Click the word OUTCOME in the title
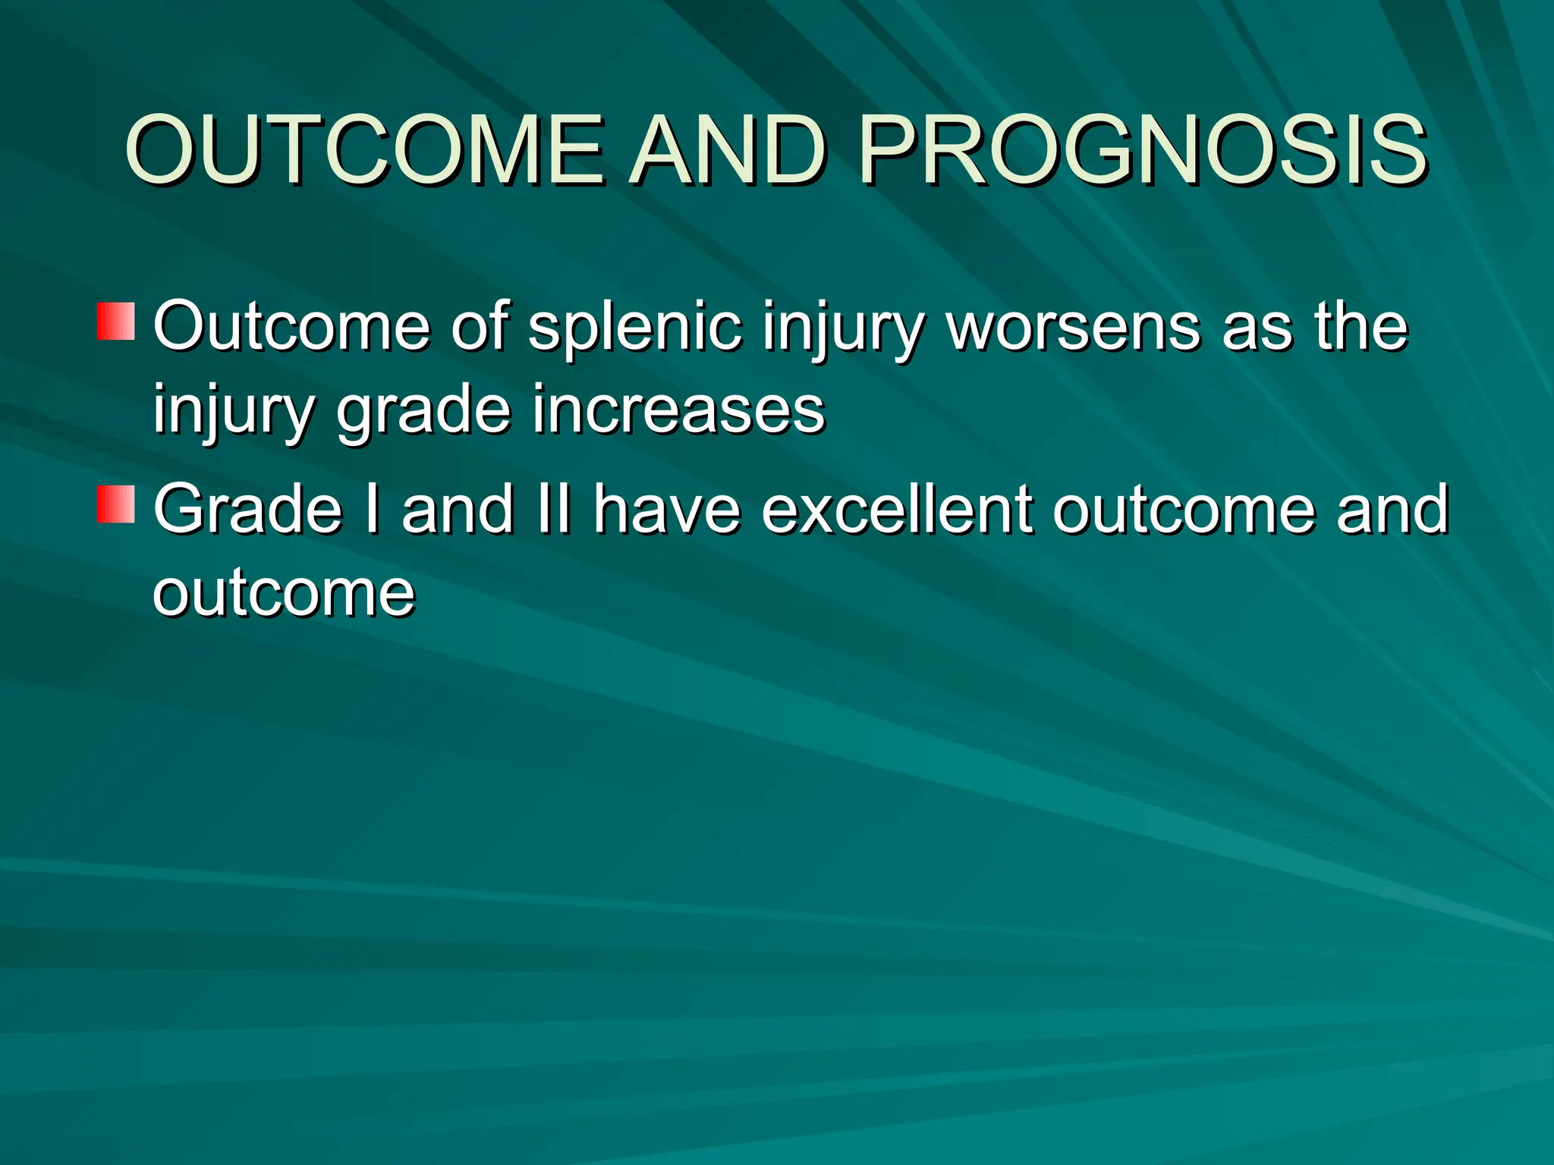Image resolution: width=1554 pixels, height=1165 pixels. [364, 149]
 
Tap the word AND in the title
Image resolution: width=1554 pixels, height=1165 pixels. [728, 149]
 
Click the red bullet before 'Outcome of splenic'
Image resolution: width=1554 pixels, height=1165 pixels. [115, 321]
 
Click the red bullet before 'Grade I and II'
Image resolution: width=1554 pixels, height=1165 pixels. [115, 504]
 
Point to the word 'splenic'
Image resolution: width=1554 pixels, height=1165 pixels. [634, 328]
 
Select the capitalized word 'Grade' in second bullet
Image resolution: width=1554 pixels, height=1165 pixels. [248, 510]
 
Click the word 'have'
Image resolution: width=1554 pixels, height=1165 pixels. [666, 510]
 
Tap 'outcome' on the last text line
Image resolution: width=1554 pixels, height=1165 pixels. [284, 593]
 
